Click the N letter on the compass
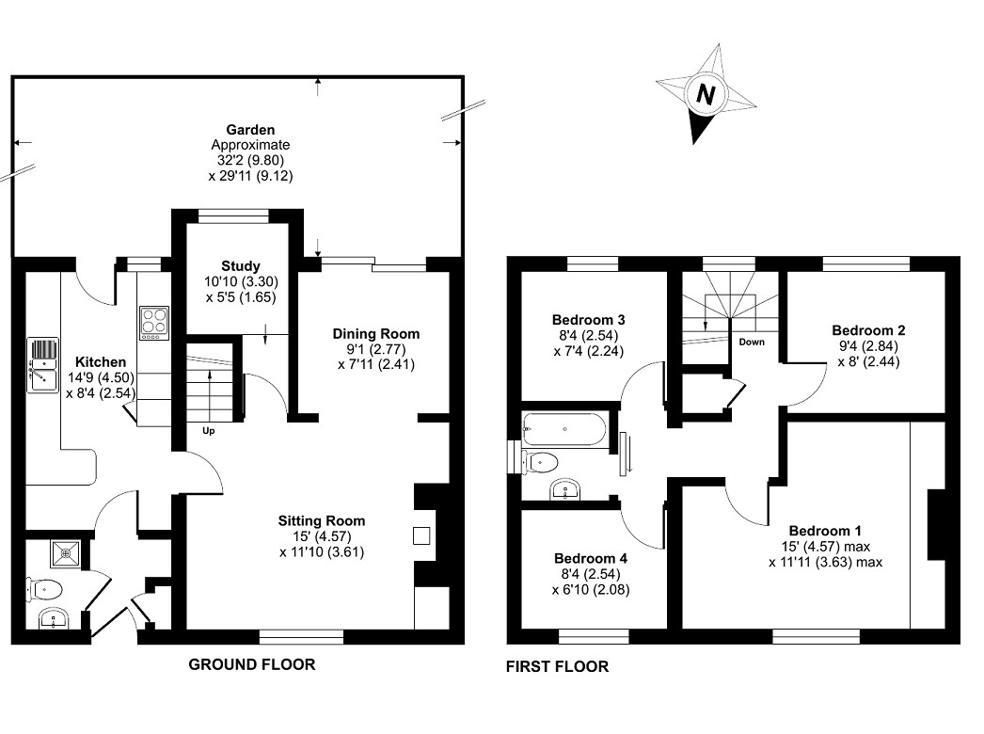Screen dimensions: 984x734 706,95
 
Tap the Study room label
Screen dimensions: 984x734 240,265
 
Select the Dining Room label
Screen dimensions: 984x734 376,333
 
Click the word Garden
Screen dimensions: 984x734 250,129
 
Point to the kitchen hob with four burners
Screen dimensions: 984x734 153,322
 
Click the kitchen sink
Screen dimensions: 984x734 42,365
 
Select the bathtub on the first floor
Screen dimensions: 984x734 564,429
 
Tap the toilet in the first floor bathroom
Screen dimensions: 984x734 539,463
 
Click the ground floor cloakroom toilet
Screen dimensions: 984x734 45,590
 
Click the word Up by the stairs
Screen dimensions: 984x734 208,431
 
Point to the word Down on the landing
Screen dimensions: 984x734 752,342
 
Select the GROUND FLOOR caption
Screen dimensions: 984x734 252,664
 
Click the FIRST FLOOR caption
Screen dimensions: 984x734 557,666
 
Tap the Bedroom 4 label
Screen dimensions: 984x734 591,558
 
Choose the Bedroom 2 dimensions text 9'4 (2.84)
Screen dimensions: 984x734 868,346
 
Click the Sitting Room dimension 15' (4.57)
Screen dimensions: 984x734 322,536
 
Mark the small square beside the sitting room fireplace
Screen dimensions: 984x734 421,535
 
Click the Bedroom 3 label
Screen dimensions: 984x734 589,320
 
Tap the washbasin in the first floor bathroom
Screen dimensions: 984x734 567,489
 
